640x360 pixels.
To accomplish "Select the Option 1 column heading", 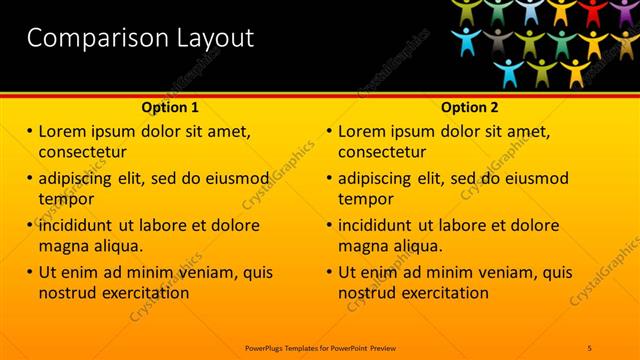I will click(170, 107).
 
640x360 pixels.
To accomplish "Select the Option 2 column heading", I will click(470, 107).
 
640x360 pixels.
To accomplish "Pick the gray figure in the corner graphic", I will click(497, 41).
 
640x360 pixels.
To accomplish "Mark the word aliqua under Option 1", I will click(118, 245).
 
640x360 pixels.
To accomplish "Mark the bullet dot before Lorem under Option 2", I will click(329, 131).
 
